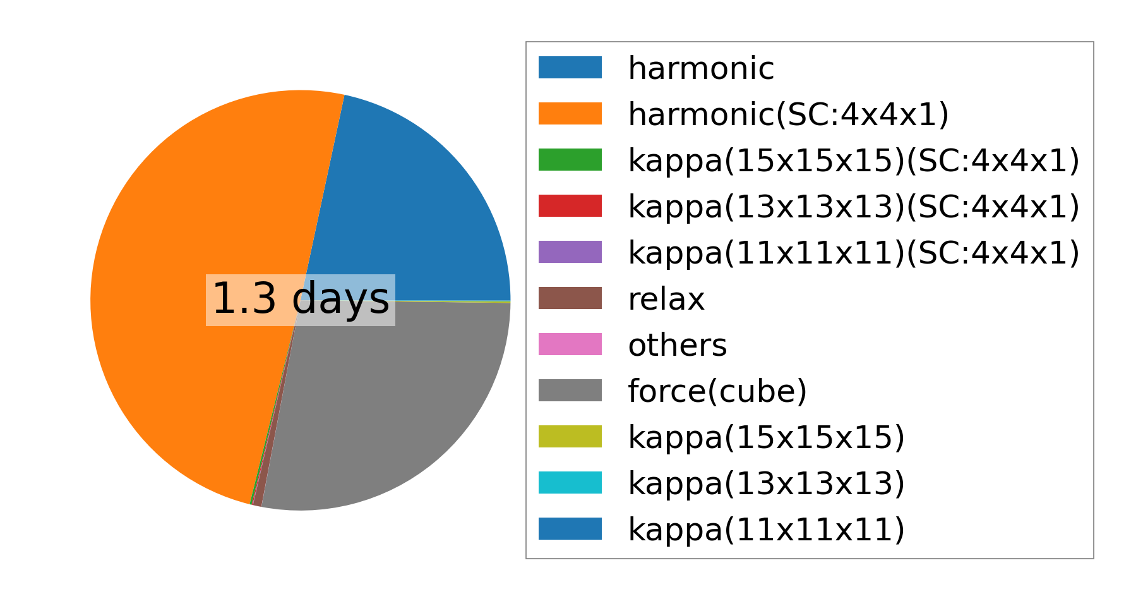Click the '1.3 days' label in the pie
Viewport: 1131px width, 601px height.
tap(301, 300)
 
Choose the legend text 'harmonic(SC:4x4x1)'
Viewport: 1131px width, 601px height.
tap(788, 114)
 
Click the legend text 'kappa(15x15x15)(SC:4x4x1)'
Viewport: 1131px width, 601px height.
tap(854, 161)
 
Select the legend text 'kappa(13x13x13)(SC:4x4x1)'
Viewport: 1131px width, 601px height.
tap(854, 207)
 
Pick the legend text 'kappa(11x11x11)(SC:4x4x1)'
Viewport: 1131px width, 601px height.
tap(854, 253)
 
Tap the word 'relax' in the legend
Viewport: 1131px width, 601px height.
tap(666, 299)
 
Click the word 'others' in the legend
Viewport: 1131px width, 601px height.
tap(678, 345)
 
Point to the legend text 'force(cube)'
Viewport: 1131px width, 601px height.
tap(717, 391)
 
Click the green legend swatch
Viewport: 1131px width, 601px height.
tap(570, 160)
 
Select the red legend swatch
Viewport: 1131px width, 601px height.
tap(570, 206)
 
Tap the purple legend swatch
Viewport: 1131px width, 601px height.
tap(570, 252)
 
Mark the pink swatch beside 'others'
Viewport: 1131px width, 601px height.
tap(570, 344)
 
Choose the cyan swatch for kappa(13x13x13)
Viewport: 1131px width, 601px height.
tap(570, 483)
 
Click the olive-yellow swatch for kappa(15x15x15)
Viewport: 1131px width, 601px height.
tap(570, 437)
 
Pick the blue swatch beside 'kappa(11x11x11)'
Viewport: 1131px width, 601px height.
tap(570, 529)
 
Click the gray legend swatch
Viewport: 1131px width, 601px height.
tap(570, 391)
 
